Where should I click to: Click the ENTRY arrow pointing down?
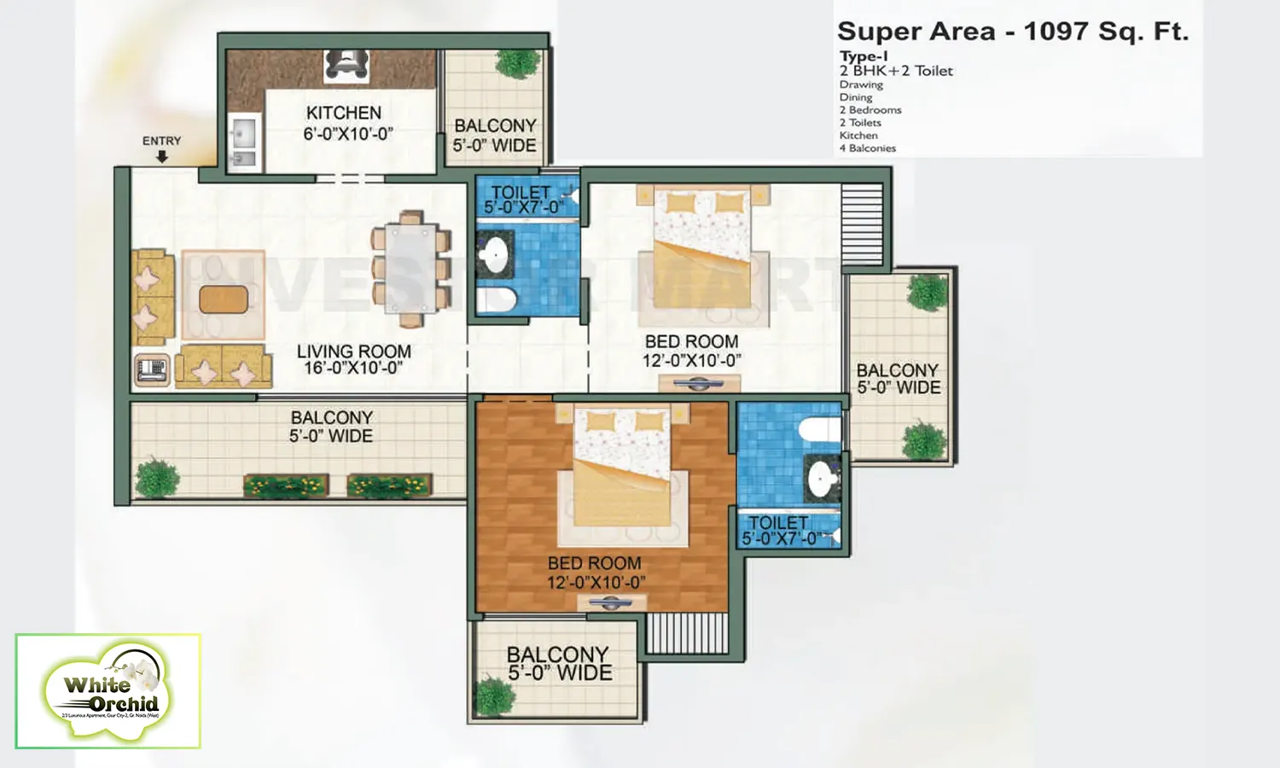coord(162,157)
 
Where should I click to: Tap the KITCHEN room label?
coord(345,113)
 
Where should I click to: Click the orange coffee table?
coord(224,300)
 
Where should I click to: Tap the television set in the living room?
coord(152,369)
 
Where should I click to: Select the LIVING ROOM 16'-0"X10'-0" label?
coord(353,359)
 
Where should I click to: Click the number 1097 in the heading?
coord(1056,32)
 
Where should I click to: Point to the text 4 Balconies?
coord(867,148)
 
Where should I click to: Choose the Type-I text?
coord(863,56)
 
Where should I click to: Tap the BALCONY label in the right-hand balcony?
coord(897,370)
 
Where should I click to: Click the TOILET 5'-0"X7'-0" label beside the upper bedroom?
coord(522,200)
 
